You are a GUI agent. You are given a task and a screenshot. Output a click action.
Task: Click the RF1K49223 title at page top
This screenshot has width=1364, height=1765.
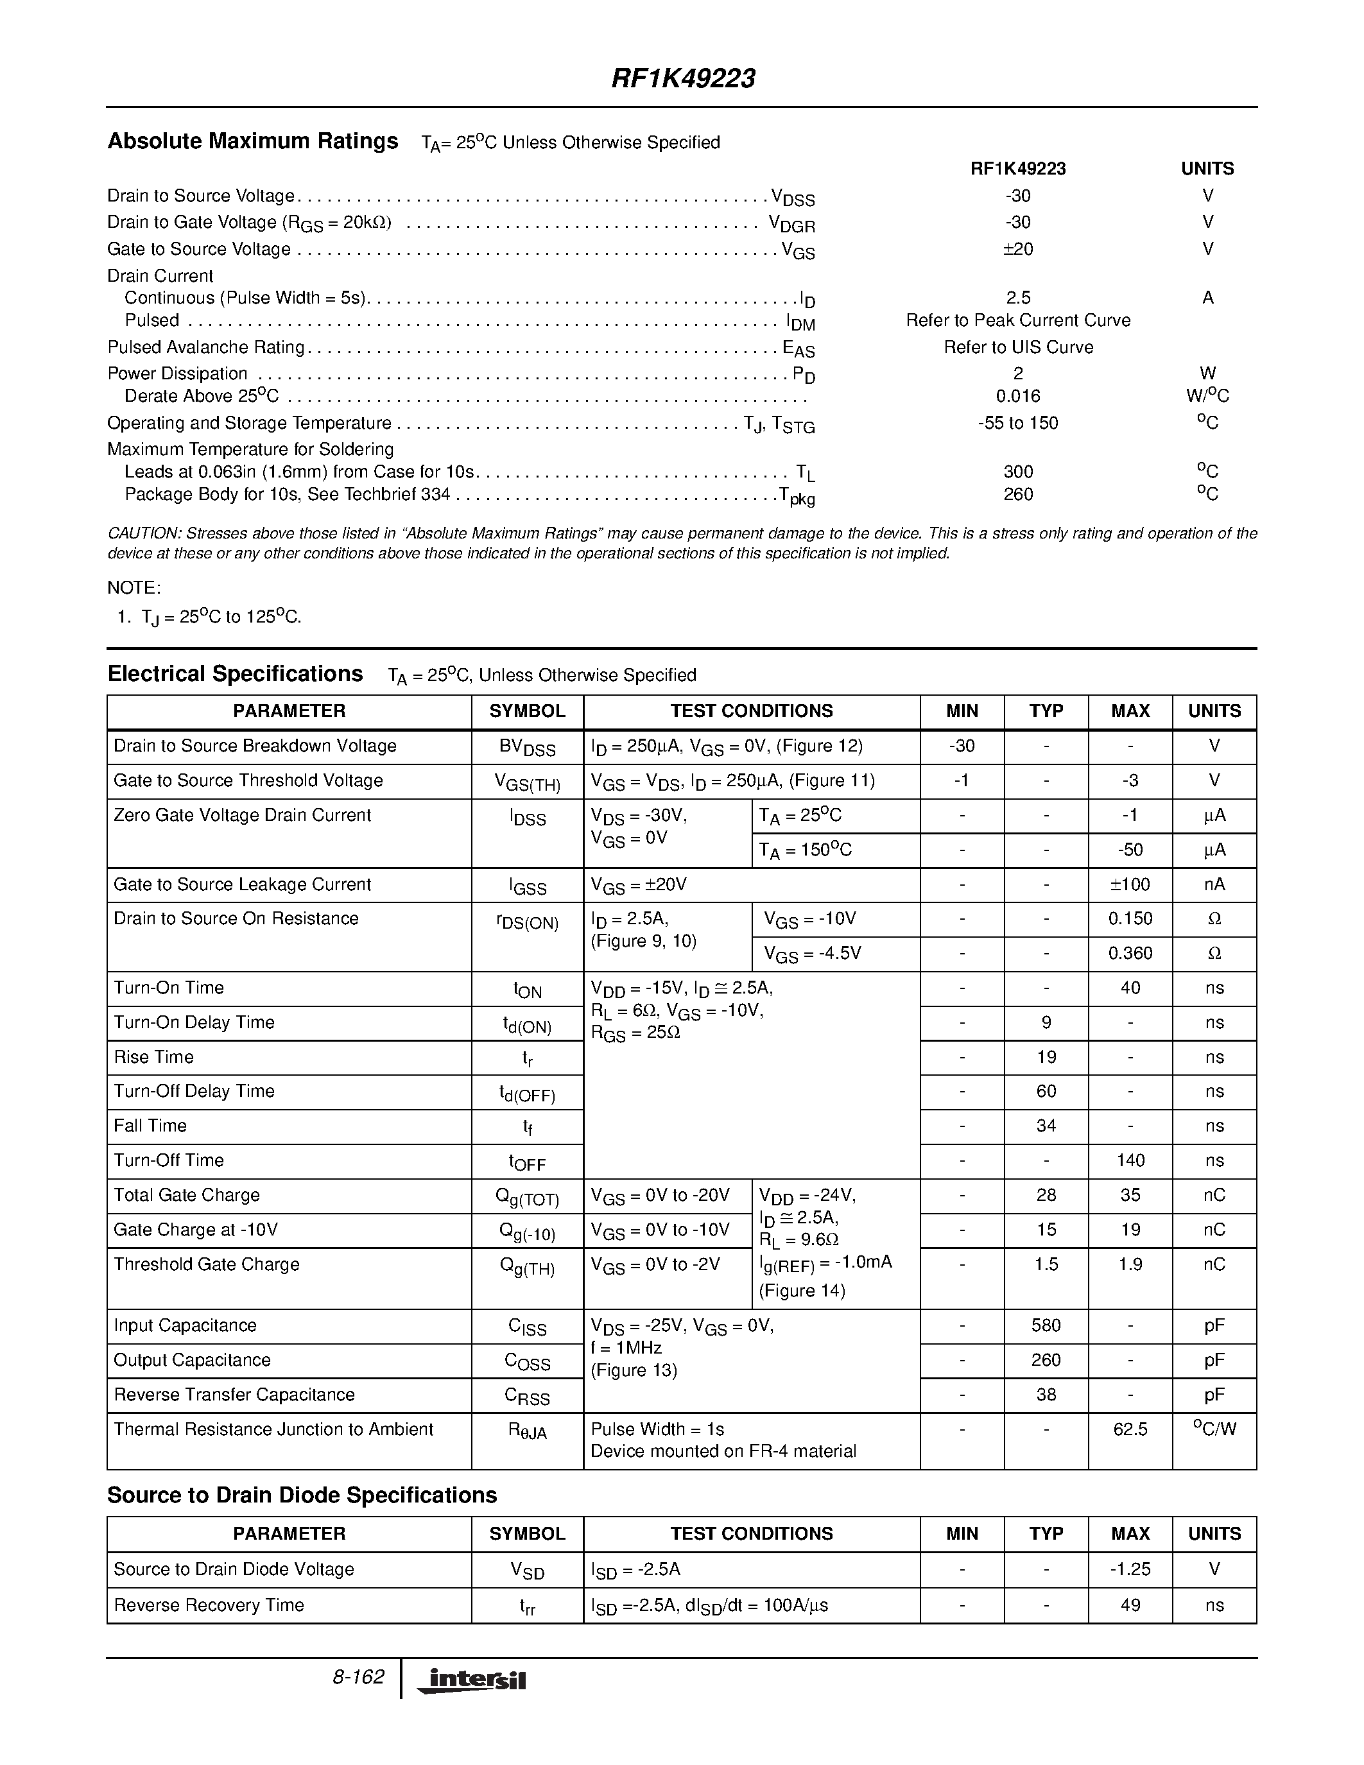(683, 78)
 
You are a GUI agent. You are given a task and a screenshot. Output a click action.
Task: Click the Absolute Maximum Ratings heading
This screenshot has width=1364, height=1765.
(253, 141)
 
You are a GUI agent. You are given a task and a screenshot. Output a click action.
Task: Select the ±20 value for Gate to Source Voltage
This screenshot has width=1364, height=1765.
(1017, 249)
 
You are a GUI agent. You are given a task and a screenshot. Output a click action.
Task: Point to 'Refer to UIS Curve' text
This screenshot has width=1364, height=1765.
(1017, 347)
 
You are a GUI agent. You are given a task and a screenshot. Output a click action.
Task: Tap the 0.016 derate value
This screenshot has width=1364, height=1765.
(1017, 396)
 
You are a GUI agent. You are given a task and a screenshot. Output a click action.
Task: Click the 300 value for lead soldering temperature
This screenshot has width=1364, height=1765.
(1017, 472)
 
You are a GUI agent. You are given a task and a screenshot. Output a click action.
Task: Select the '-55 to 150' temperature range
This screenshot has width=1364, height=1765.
(1017, 424)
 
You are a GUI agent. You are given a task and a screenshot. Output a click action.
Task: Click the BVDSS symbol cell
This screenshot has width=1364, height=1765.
(527, 748)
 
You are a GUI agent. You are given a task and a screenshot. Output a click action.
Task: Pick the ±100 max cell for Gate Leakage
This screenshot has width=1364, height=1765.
(1130, 885)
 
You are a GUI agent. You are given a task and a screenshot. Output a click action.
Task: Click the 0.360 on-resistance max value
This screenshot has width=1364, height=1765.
(1130, 954)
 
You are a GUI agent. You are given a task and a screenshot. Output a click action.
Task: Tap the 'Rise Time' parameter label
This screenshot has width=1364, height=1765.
(153, 1057)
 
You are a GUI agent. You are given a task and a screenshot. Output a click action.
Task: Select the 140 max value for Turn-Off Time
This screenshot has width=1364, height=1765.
(1130, 1160)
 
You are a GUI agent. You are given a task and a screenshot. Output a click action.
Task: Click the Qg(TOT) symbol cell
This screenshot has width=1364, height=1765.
(527, 1197)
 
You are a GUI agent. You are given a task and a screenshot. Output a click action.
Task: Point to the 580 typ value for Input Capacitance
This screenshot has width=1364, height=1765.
(1046, 1325)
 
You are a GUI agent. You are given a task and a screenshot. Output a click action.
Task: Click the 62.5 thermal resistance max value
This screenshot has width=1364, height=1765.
(1130, 1429)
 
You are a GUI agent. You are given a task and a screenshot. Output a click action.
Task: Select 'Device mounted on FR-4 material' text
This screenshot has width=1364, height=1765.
(723, 1451)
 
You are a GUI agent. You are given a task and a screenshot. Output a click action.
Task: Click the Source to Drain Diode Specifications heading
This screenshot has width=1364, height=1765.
(302, 1495)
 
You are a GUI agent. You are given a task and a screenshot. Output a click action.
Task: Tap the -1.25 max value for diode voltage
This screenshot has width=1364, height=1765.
(1130, 1569)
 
